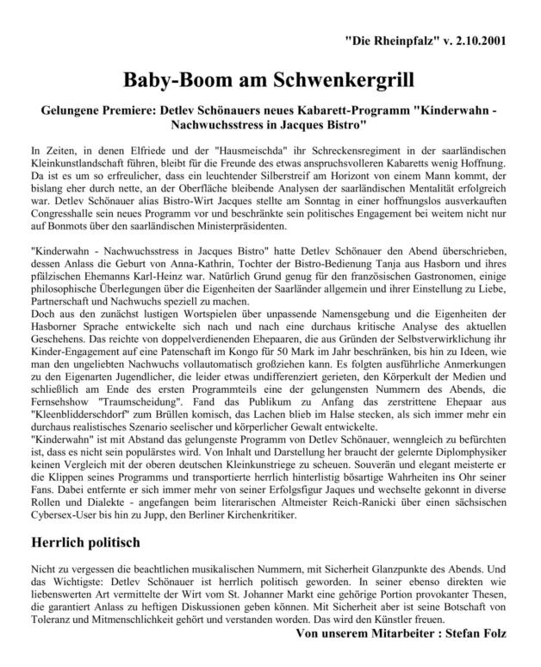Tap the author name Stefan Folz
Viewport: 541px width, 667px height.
(x=478, y=634)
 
